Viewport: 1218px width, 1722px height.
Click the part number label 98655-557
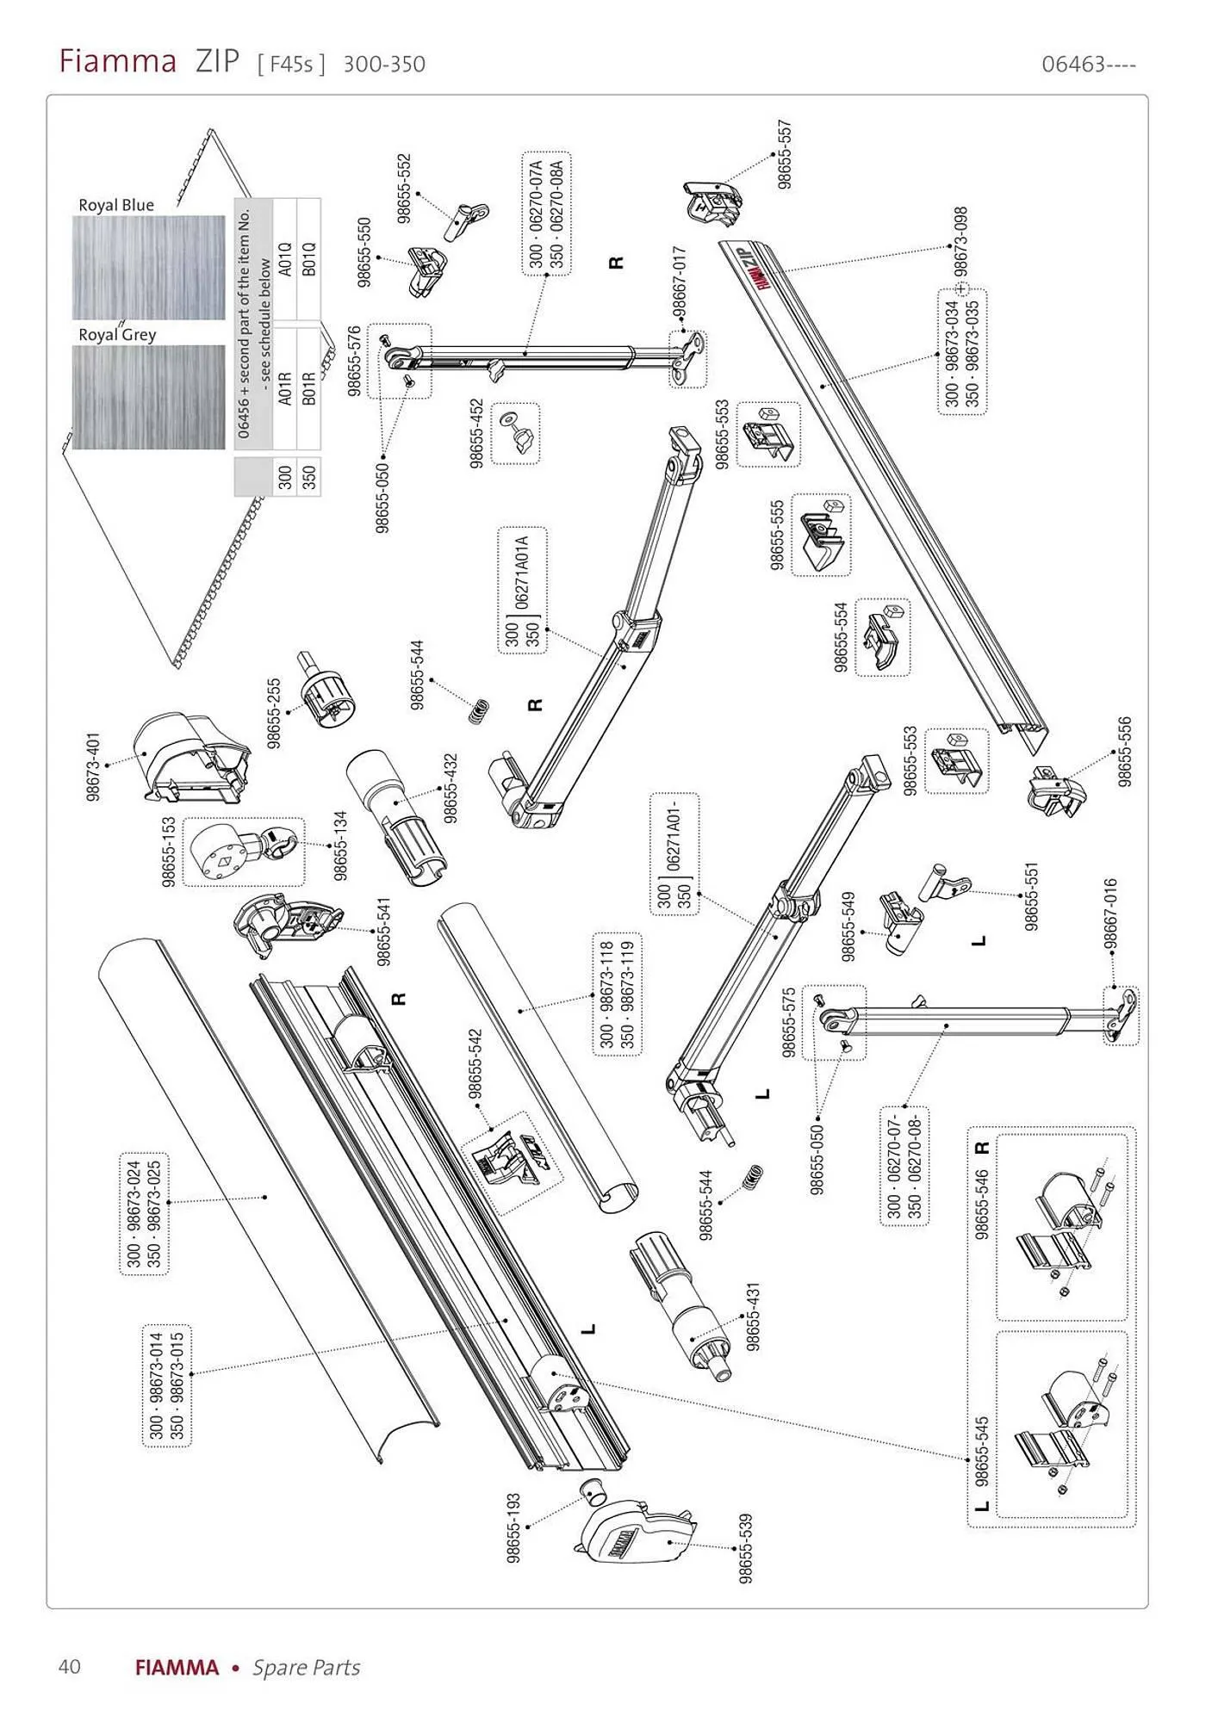[784, 154]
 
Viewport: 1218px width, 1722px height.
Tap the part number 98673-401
[94, 767]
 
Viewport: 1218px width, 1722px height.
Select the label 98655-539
[746, 1548]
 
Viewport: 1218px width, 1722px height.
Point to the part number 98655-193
[514, 1528]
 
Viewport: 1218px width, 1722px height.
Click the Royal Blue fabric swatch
[149, 268]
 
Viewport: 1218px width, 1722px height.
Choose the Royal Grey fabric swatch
[149, 397]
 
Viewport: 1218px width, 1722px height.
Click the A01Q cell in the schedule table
[286, 259]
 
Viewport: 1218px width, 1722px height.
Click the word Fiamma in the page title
[118, 62]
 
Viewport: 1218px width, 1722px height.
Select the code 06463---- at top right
[1089, 65]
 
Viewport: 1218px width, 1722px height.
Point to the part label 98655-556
[1125, 752]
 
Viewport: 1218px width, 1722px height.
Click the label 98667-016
[1110, 914]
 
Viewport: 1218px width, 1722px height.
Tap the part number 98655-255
[275, 714]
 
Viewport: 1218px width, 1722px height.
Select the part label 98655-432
[451, 789]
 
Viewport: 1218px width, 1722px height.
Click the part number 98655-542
[475, 1064]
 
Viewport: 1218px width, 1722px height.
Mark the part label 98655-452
[477, 434]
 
